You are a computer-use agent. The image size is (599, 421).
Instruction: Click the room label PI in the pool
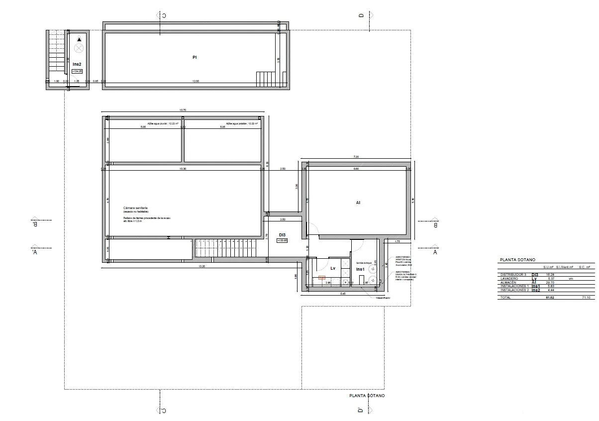pyautogui.click(x=195, y=58)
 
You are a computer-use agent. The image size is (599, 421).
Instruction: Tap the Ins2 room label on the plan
pyautogui.click(x=77, y=64)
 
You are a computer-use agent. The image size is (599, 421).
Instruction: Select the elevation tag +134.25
pyautogui.click(x=77, y=71)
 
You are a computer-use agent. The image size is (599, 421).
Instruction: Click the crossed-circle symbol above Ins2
pyautogui.click(x=79, y=48)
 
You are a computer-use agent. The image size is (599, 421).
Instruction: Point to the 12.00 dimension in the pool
pyautogui.click(x=196, y=81)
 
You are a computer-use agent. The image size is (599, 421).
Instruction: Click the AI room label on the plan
pyautogui.click(x=358, y=203)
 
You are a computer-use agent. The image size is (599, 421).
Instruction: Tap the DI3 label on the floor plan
pyautogui.click(x=282, y=235)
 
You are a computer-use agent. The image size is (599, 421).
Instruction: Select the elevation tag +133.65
pyautogui.click(x=282, y=241)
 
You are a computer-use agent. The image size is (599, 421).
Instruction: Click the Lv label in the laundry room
pyautogui.click(x=333, y=268)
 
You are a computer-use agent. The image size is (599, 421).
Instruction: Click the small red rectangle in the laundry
pyautogui.click(x=322, y=278)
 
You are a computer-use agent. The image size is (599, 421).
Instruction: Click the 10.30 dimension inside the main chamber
pyautogui.click(x=182, y=169)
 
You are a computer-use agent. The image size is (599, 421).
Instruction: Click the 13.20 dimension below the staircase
pyautogui.click(x=201, y=266)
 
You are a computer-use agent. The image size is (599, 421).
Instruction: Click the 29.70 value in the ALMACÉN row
pyautogui.click(x=550, y=282)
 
